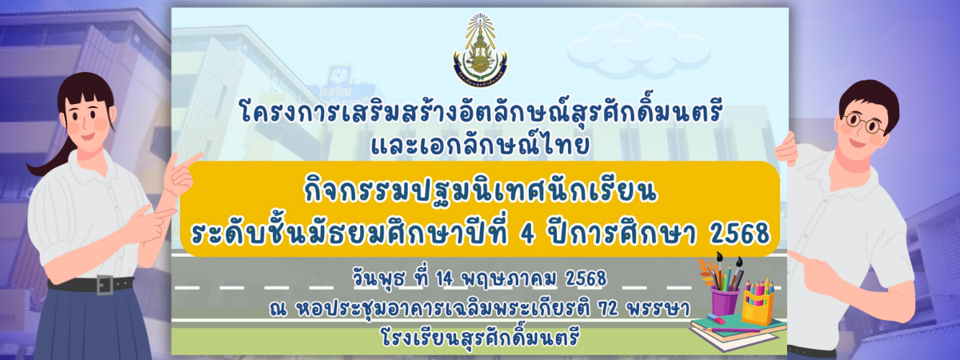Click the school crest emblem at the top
480,50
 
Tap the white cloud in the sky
638,47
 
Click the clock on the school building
339,75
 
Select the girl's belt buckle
105,285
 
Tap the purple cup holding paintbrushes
725,301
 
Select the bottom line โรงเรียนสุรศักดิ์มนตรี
479,338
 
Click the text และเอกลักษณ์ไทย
480,145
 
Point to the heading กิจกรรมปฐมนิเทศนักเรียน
480,191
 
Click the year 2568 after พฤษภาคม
586,279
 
